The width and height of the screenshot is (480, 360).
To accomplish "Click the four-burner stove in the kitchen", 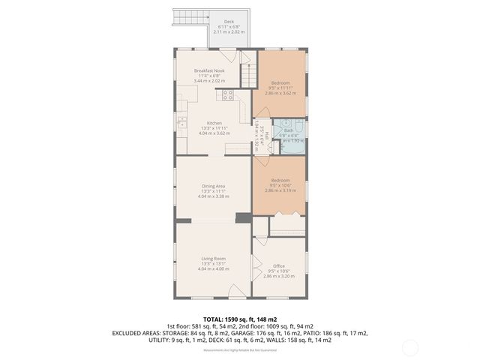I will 227,94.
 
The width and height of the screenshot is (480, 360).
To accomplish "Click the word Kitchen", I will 214,123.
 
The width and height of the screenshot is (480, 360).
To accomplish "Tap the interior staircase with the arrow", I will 244,76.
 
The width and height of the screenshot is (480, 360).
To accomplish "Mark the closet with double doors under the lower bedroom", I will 287,224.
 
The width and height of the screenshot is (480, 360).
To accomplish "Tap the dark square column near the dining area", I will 241,218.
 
